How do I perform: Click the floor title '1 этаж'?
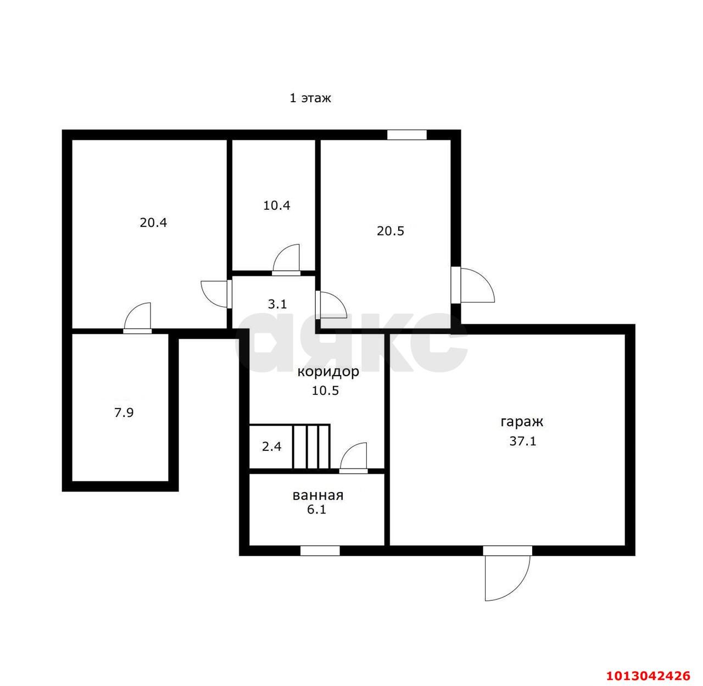tap(310, 98)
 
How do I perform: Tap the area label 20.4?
tap(154, 222)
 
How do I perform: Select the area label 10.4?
tap(277, 205)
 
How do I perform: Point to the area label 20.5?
tap(390, 231)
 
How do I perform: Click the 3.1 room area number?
tap(277, 304)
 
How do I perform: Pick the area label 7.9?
tap(124, 412)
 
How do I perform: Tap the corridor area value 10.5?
tap(326, 391)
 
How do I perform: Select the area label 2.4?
tap(272, 447)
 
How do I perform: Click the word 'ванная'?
tap(318, 495)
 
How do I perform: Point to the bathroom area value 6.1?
tap(317, 510)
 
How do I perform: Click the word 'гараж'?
tap(522, 422)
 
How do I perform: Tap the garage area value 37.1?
tap(523, 441)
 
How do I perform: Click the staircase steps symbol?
tap(311, 447)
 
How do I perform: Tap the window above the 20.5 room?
tap(407, 135)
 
